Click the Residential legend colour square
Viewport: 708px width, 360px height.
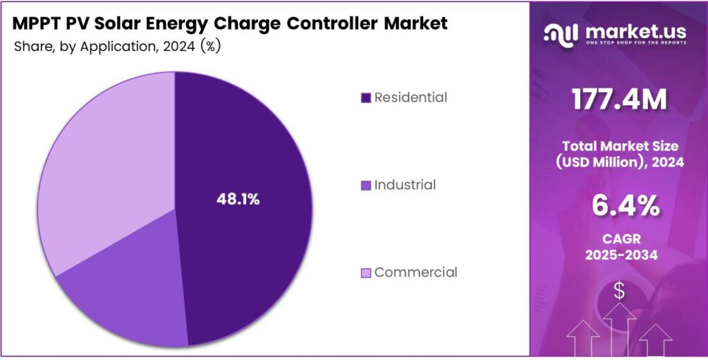pos(366,98)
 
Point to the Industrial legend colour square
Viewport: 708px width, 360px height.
pos(366,185)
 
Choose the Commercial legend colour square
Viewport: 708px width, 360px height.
pos(366,273)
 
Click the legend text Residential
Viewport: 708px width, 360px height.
pos(411,97)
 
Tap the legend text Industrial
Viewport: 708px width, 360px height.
pos(405,184)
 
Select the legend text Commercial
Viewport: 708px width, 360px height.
pos(416,272)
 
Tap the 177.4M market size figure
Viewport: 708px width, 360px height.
pos(619,101)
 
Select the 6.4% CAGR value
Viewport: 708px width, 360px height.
pos(619,206)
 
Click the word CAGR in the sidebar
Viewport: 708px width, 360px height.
pos(619,239)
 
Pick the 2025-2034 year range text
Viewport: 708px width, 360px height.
pos(619,256)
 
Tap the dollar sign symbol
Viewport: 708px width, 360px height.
pos(619,291)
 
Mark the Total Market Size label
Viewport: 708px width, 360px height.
pos(619,146)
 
